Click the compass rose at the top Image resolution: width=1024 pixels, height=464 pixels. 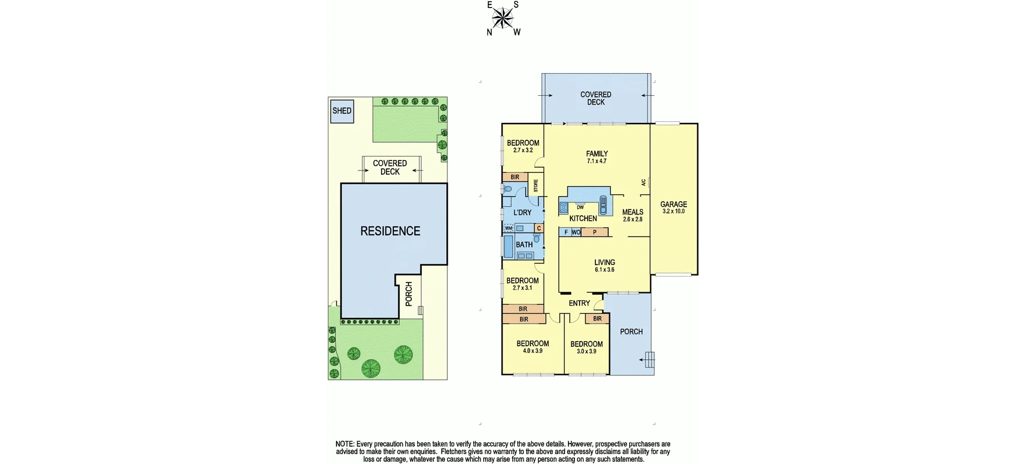[x=502, y=18]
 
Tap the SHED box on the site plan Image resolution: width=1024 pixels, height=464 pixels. [x=342, y=111]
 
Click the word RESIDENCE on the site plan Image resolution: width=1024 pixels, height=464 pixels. [x=390, y=231]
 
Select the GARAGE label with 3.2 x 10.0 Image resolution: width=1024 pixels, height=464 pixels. [x=674, y=207]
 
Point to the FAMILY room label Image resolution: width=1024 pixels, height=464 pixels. [x=596, y=157]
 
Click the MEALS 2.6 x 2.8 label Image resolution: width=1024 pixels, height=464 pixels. [x=632, y=215]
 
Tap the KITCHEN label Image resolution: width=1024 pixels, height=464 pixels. [x=582, y=219]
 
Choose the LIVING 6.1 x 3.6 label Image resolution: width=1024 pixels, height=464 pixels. [x=604, y=266]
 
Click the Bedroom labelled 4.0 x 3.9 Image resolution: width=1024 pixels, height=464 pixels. [x=533, y=347]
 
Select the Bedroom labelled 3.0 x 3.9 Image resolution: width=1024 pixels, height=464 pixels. [x=586, y=347]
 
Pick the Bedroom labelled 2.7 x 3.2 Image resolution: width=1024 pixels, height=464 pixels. [x=523, y=146]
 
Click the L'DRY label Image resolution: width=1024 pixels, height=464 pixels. [x=522, y=213]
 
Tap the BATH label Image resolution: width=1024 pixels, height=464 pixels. [x=524, y=245]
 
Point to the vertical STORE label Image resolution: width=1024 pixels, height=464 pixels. [x=535, y=186]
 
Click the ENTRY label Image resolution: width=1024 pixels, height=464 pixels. [x=579, y=303]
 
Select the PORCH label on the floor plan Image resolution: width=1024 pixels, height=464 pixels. [x=631, y=332]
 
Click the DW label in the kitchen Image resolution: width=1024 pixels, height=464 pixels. [x=580, y=207]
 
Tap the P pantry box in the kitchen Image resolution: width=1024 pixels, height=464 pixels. [x=594, y=232]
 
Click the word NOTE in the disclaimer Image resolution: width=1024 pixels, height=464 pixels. [x=345, y=444]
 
